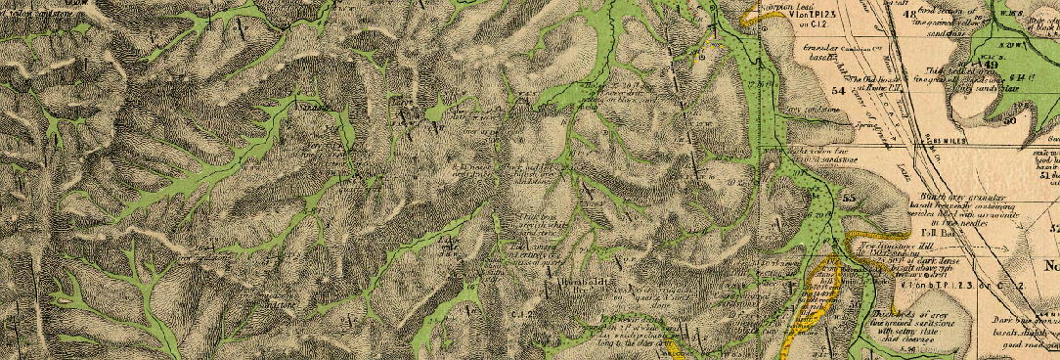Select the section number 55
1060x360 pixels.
click(848, 199)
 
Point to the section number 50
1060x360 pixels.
click(1007, 118)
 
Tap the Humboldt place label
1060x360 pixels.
click(587, 282)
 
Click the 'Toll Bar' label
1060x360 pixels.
click(937, 234)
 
